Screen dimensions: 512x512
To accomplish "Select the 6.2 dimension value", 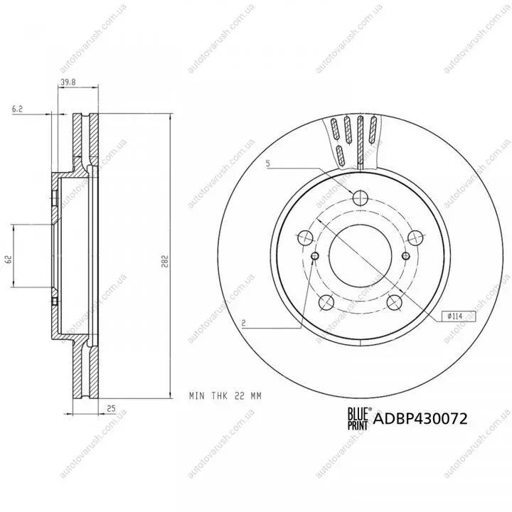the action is point(17,109).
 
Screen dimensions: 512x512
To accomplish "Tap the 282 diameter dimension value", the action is point(165,261).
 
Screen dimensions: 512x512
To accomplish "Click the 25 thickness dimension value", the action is point(112,408).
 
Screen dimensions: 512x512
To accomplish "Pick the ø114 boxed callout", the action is point(459,316).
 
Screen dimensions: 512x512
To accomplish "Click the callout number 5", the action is point(268,164).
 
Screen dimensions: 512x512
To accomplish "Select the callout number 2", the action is point(244,324).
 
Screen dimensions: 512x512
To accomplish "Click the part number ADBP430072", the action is point(420,419).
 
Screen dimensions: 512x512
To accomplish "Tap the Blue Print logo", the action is point(358,418).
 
